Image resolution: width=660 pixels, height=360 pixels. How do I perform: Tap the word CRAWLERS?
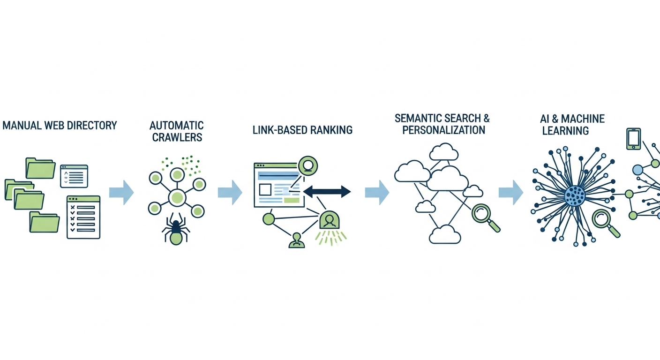(x=177, y=137)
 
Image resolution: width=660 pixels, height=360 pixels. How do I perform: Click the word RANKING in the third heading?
(x=330, y=130)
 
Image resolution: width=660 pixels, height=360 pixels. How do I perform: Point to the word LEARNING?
(x=565, y=131)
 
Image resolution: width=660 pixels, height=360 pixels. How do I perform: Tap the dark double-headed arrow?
(x=327, y=191)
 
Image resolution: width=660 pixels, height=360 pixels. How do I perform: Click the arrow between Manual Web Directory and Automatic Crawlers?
(x=121, y=192)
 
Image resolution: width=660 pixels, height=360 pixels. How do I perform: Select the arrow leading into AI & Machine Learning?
(x=510, y=192)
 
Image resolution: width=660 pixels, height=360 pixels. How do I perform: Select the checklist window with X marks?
(x=83, y=217)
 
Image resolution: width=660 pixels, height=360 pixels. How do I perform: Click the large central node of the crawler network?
(x=177, y=197)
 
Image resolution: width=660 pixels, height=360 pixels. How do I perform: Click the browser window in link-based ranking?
(x=278, y=185)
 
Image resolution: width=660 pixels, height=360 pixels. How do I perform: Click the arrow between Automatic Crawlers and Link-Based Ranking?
(x=230, y=192)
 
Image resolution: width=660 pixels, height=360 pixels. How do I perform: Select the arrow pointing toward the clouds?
(x=377, y=192)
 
